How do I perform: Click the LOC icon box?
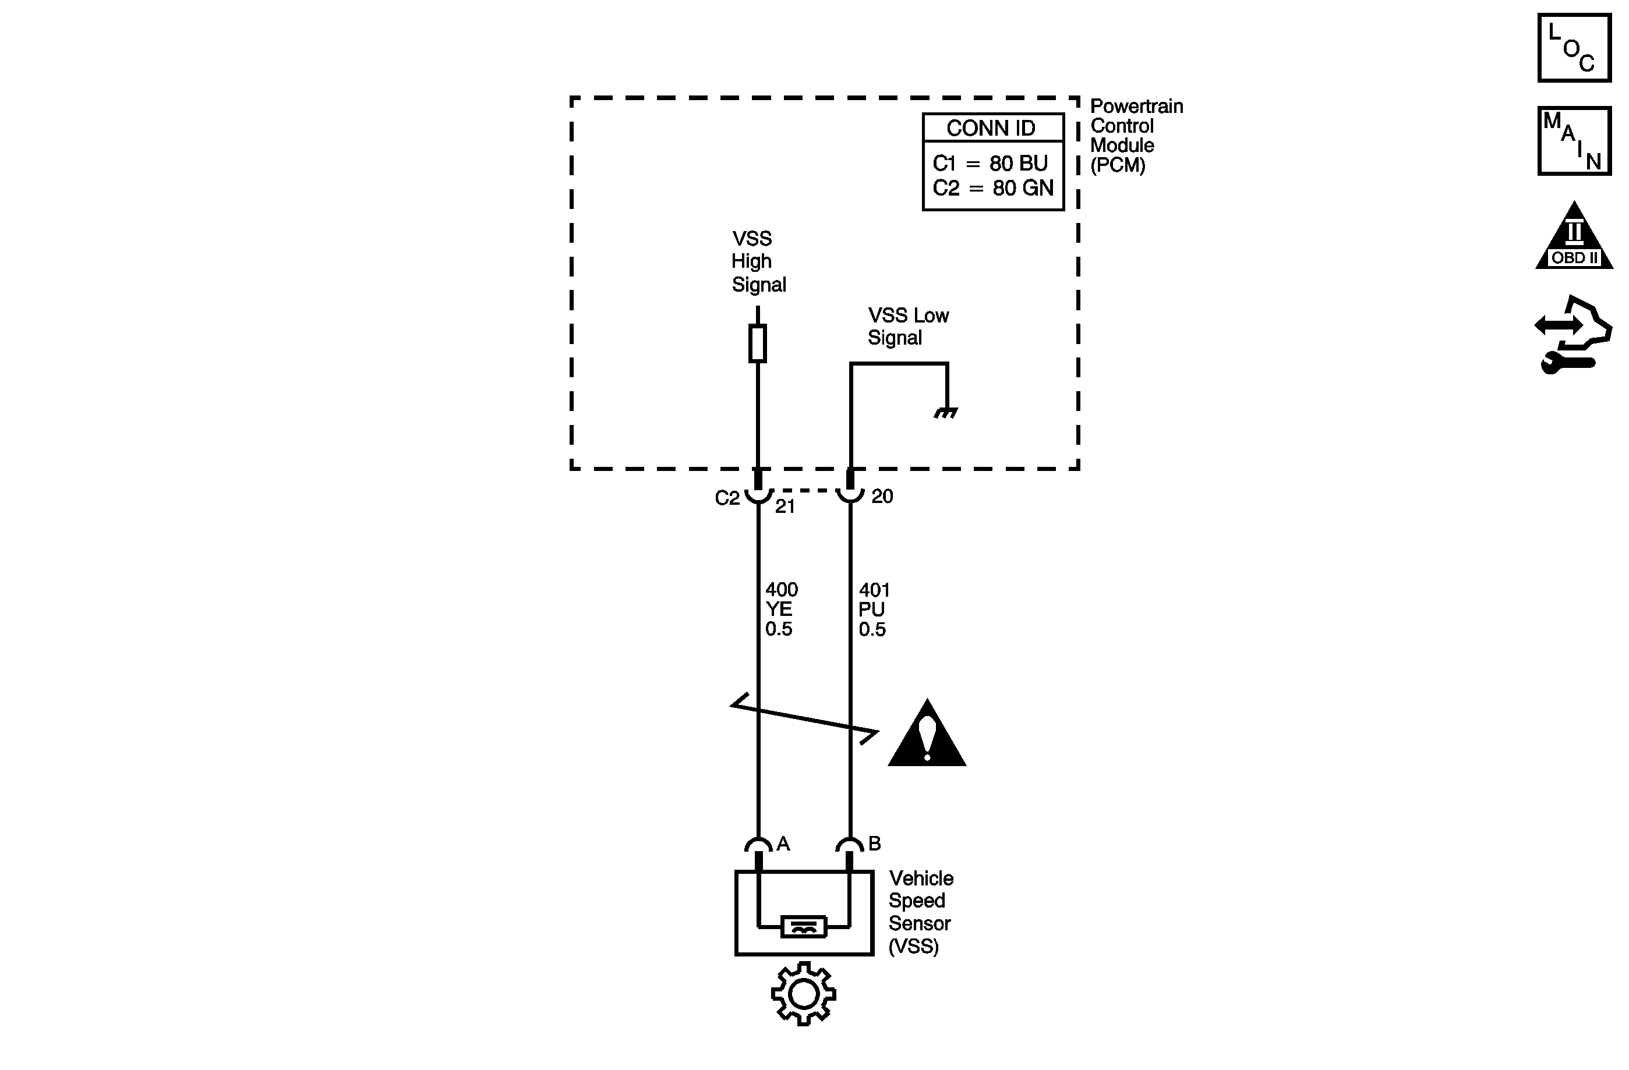click(1574, 48)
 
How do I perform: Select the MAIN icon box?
click(1574, 141)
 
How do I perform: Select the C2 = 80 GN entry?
click(992, 187)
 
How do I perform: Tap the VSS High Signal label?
click(758, 261)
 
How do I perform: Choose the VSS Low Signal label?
click(907, 327)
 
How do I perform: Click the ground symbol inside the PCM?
click(946, 413)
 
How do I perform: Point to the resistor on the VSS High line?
click(757, 343)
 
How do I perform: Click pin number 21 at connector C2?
click(785, 507)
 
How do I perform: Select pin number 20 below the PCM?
click(882, 497)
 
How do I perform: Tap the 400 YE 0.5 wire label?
click(780, 609)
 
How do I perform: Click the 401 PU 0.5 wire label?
click(874, 610)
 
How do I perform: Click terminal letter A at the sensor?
click(784, 844)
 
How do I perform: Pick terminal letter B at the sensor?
click(874, 844)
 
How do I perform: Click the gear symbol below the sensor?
click(804, 994)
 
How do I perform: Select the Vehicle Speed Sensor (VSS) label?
click(920, 912)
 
